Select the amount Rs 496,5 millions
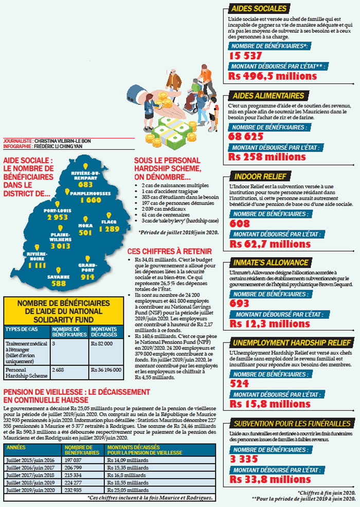pyautogui.click(x=273, y=77)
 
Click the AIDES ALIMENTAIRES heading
pyautogui.click(x=268, y=96)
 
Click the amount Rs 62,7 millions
pyautogui.click(x=269, y=243)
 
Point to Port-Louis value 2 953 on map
pyautogui.click(x=57, y=217)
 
